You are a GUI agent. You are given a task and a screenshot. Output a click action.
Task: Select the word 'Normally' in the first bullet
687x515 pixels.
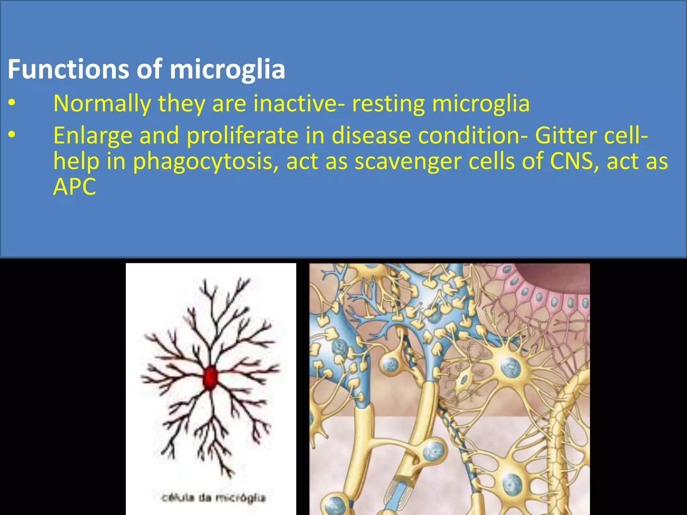(x=102, y=104)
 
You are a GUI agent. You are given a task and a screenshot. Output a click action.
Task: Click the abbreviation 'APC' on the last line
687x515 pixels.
(x=74, y=187)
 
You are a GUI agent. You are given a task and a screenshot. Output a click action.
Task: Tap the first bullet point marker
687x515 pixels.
(x=12, y=104)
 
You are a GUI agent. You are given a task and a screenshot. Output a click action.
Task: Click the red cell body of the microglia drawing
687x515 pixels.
(x=210, y=378)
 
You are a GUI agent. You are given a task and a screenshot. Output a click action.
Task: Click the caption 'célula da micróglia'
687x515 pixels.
(x=213, y=498)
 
